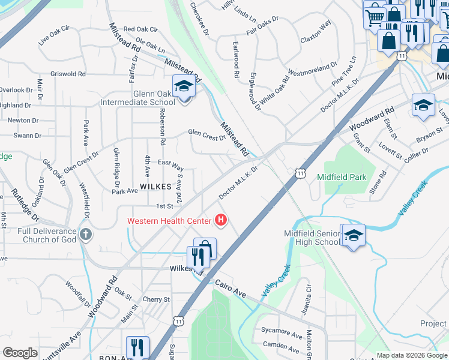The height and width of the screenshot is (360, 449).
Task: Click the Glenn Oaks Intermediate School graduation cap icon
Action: tap(184, 87)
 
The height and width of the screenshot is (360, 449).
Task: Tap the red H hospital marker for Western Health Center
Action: tap(221, 221)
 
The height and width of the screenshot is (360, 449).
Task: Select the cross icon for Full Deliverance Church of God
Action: tap(86, 233)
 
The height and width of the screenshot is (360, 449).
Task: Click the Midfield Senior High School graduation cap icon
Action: tap(353, 236)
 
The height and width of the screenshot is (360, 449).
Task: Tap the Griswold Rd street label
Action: tap(69, 74)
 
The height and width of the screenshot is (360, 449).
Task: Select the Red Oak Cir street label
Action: tap(140, 29)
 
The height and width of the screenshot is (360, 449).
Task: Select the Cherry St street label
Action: tap(156, 299)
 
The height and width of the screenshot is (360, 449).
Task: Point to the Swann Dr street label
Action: tap(27, 136)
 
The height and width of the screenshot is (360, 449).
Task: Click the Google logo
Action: tap(20, 353)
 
